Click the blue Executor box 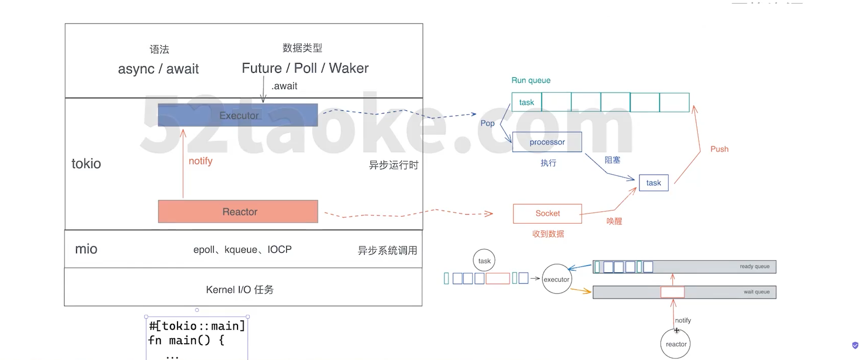(237, 115)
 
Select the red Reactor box (237, 212)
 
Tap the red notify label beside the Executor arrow (200, 161)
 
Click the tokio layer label (86, 164)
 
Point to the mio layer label (86, 249)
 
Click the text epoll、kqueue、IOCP (242, 250)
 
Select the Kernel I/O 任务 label (240, 290)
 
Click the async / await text (158, 69)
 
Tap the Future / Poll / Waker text (305, 68)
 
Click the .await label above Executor (284, 86)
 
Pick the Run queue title (531, 80)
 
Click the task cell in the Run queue (527, 102)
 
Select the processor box (547, 142)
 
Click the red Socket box (547, 214)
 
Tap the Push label (719, 149)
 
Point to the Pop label (487, 123)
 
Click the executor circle (556, 279)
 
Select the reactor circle (676, 344)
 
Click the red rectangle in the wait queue (672, 292)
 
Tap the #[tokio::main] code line (197, 326)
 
